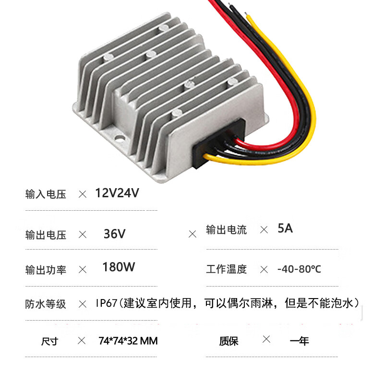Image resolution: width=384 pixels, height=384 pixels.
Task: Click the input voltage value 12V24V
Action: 117,193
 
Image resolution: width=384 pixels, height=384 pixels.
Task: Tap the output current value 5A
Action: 285,228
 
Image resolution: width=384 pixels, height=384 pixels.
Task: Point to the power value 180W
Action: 119,267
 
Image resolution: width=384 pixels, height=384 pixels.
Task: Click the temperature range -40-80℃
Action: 299,269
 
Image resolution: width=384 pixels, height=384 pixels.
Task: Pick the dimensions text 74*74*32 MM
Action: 128,341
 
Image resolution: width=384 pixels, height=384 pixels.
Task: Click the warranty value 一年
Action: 300,341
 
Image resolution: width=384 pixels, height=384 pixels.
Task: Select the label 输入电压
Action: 46,194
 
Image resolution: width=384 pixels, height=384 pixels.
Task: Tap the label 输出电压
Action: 46,235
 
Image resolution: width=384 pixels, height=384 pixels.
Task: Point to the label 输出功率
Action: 46,270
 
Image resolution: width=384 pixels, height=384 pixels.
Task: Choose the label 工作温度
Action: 226,269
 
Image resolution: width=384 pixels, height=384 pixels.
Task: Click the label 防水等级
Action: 46,304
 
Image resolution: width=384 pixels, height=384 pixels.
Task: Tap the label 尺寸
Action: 49,341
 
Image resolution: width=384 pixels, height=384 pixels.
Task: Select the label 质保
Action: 228,341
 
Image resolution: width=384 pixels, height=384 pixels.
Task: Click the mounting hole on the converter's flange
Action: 119,140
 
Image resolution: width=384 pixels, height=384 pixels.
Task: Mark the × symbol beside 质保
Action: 266,340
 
